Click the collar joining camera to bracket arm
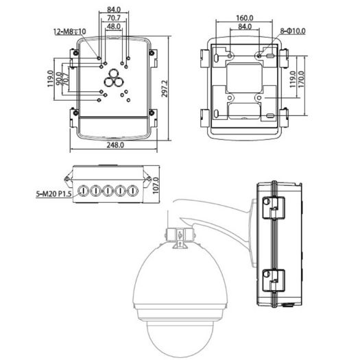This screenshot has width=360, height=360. [178, 235]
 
